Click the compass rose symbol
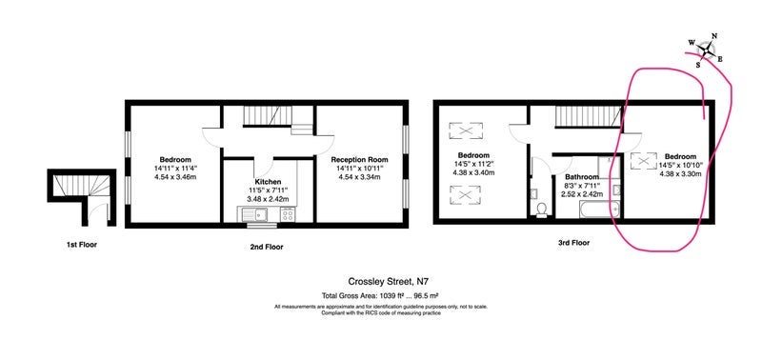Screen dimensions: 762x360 pos(706,50)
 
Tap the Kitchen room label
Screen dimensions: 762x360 pos(268,182)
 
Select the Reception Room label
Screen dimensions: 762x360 pos(360,159)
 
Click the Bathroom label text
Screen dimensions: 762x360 pos(582,177)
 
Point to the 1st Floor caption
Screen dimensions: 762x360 pos(82,245)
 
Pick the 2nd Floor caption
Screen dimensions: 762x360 pos(268,247)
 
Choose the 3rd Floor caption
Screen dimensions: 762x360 pos(573,243)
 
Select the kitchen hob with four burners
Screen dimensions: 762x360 pos(288,214)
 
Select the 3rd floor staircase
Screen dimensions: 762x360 pos(589,117)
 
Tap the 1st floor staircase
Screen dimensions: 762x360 pos(82,185)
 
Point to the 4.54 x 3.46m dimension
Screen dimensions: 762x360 pos(175,176)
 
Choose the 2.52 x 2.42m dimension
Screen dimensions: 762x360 pos(582,194)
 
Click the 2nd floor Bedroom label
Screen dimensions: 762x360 pos(175,159)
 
